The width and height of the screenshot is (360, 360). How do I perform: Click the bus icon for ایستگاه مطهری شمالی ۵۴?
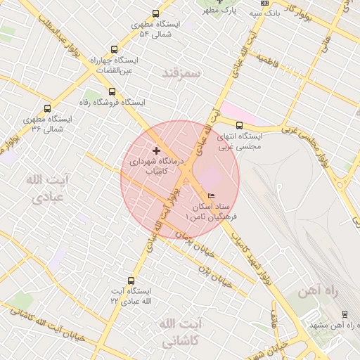(x=155, y=13)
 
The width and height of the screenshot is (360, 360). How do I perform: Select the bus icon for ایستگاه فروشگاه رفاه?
(x=111, y=91)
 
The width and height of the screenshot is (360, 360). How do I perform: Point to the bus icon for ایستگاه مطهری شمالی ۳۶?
(x=47, y=109)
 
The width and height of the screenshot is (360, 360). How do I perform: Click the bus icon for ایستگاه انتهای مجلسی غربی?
(x=240, y=125)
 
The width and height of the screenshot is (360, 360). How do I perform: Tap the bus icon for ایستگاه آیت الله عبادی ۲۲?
(x=131, y=279)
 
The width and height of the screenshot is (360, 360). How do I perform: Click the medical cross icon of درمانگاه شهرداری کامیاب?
(x=155, y=150)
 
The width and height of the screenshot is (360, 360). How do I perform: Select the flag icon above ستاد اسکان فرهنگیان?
(x=212, y=195)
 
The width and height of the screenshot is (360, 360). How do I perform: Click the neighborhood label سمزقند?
(x=181, y=73)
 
